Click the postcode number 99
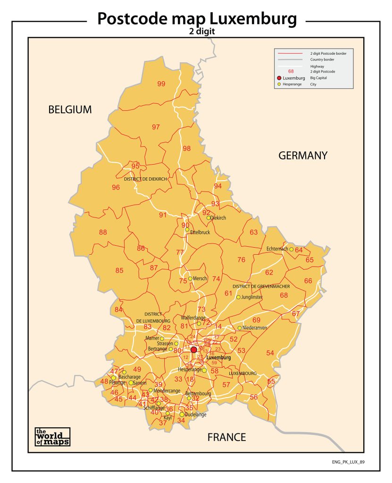click(x=161, y=84)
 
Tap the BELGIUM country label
click(x=70, y=110)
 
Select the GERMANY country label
click(x=302, y=156)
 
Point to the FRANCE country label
click(x=226, y=437)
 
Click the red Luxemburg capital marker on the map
click(x=193, y=350)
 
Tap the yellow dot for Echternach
click(x=292, y=249)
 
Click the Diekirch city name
click(x=218, y=218)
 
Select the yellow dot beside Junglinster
click(x=238, y=297)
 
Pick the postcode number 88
click(x=103, y=232)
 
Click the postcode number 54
click(x=270, y=353)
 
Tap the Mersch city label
click(x=200, y=278)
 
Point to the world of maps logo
click(x=52, y=436)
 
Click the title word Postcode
click(x=137, y=19)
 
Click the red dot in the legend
click(x=279, y=78)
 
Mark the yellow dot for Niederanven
click(x=240, y=328)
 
